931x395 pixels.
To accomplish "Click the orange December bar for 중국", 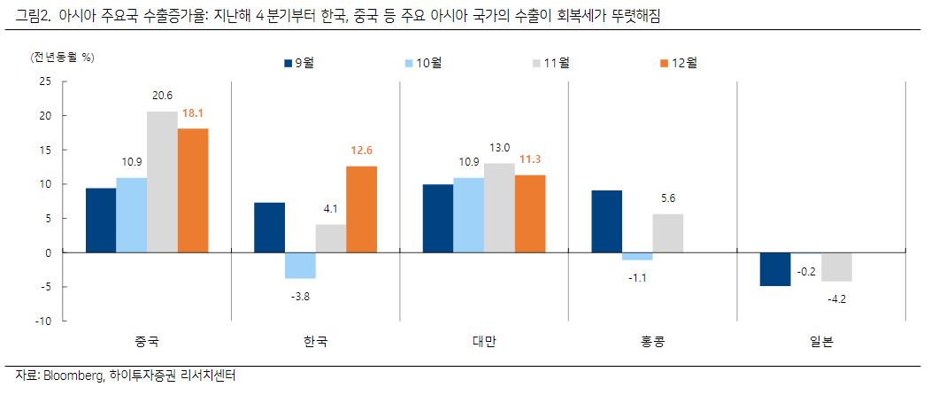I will [193, 190].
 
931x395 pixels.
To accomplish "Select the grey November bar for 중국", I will [162, 182].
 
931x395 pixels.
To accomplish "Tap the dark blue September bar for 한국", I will [269, 228].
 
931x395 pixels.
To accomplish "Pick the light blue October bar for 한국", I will [300, 266].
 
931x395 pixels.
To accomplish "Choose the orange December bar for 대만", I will [530, 213].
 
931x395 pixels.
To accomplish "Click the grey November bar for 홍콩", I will [668, 233].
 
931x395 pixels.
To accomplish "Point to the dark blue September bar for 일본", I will [775, 269].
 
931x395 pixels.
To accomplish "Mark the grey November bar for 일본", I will [836, 267].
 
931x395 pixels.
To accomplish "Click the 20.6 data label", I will [162, 96].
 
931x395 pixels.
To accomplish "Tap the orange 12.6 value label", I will [361, 150].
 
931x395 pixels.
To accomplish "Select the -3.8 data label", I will [300, 296].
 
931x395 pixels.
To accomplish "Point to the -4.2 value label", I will [835, 298].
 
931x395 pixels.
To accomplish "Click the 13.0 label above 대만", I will [500, 148].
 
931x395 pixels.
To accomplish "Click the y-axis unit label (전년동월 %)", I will [63, 58].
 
